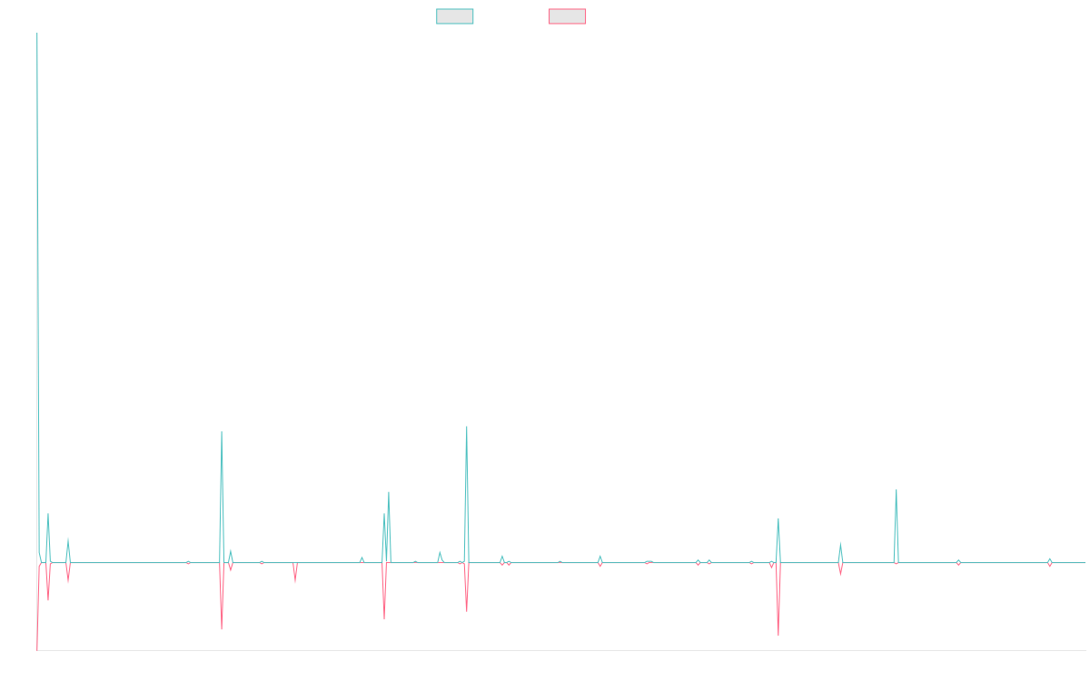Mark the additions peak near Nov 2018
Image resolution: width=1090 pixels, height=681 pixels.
[x=222, y=432]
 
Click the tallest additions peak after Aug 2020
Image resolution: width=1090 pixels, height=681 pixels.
[x=467, y=427]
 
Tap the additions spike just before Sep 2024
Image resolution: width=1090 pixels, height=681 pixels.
[x=896, y=490]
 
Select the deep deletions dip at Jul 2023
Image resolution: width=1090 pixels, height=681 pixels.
[x=778, y=636]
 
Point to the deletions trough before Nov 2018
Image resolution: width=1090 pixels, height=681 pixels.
[x=222, y=629]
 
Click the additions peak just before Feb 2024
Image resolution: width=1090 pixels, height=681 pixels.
[x=840, y=543]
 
